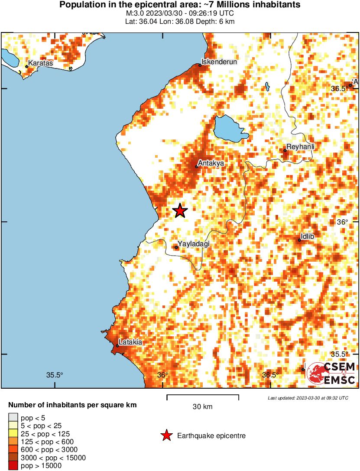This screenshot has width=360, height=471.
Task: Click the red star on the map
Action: tap(180, 211)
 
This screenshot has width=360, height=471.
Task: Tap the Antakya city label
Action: tap(211, 163)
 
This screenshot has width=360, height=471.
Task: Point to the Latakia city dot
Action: tap(117, 346)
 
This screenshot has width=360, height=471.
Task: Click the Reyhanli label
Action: tap(300, 147)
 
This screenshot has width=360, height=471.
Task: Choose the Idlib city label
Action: tap(307, 236)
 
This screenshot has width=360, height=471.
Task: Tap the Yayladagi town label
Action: tap(194, 244)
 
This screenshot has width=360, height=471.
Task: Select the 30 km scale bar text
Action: tap(202, 407)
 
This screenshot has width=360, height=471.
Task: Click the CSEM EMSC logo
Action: tap(331, 373)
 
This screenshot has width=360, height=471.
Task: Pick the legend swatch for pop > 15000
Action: tap(13, 466)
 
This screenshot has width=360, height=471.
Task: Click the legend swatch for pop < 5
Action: tap(13, 418)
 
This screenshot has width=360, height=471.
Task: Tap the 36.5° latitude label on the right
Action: tap(339, 88)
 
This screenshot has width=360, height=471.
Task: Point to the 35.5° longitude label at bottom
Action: tap(55, 375)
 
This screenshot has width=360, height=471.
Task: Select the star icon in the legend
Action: tap(166, 436)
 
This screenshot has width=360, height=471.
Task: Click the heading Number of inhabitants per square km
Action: tap(73, 406)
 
